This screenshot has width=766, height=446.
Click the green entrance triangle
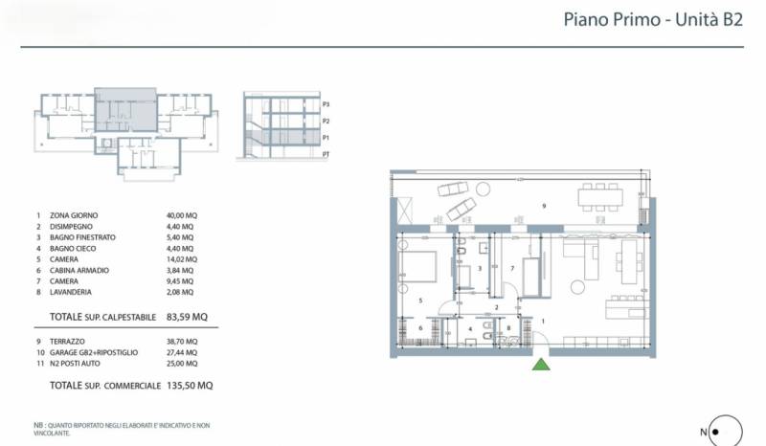coord(541,365)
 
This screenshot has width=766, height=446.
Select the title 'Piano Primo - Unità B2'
coord(653,19)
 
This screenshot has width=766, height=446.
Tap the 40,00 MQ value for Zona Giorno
coord(182,215)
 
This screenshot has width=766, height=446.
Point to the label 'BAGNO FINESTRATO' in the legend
coord(82,237)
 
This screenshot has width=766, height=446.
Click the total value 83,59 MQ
coord(187,317)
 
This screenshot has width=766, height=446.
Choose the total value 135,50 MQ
coord(190,386)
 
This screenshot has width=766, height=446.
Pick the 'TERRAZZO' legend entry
coord(67,342)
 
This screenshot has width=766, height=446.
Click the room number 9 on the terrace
coord(544,206)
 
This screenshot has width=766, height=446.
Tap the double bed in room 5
coord(417,266)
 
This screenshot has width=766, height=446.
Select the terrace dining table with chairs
coord(600,197)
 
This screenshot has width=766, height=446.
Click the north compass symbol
coord(726,431)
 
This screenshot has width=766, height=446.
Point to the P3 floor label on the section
coord(326,104)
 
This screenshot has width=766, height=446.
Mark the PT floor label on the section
coord(326,154)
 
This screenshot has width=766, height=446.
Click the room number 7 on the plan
coord(512,268)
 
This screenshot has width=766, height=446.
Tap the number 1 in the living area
coord(543,322)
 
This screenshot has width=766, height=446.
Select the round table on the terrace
coord(484,189)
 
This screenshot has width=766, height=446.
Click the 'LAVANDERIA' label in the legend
coord(70,292)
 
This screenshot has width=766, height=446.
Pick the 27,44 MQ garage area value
coord(182,353)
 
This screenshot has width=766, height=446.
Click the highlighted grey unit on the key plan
coord(125,110)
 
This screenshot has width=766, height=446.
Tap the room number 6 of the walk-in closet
coord(420,328)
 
